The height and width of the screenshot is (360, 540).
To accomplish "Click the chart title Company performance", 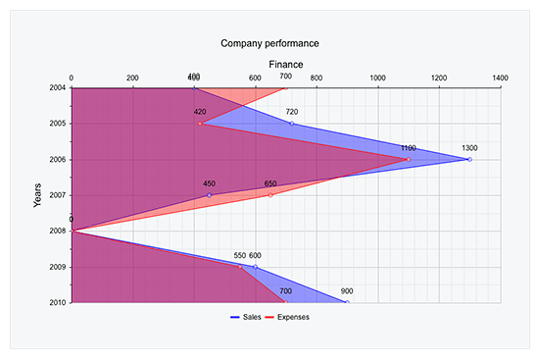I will point(270,43).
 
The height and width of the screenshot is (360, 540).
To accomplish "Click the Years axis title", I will point(37,195).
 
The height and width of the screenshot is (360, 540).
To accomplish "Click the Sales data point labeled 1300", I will point(469,159).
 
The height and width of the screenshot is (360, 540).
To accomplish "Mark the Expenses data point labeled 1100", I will point(408,159).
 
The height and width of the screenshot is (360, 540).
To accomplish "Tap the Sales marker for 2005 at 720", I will point(291,124).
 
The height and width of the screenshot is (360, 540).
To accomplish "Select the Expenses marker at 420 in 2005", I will point(200,124).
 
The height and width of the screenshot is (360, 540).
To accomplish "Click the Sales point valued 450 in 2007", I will point(209,195).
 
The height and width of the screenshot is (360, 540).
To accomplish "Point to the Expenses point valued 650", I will point(270,195).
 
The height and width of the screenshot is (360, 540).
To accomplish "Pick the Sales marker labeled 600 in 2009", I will point(255,267).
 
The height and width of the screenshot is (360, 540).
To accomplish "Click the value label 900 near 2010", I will point(347,291).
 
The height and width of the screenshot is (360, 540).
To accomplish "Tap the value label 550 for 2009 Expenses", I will point(239,256).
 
